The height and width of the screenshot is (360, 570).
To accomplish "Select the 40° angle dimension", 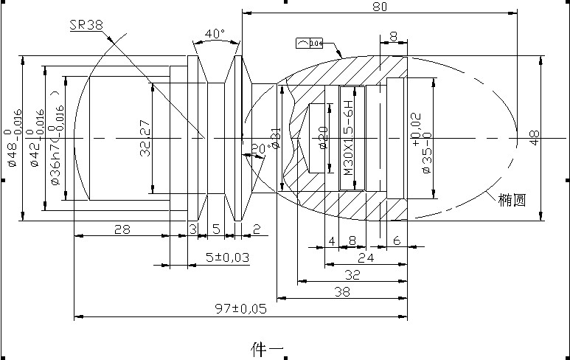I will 215,34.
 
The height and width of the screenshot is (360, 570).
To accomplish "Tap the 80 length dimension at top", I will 380,7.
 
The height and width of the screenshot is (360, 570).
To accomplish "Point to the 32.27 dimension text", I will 145,138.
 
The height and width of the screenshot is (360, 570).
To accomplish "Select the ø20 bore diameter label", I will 322,138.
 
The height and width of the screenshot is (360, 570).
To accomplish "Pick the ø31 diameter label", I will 277,138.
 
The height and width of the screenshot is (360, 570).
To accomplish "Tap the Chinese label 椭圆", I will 511,199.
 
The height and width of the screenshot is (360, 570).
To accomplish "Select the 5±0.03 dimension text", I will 226,257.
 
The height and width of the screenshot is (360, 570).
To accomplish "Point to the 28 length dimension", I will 122,229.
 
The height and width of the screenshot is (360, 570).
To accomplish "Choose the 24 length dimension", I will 364,257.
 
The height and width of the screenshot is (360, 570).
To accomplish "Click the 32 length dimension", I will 352,274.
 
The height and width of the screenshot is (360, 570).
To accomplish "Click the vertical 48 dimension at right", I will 535,137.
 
